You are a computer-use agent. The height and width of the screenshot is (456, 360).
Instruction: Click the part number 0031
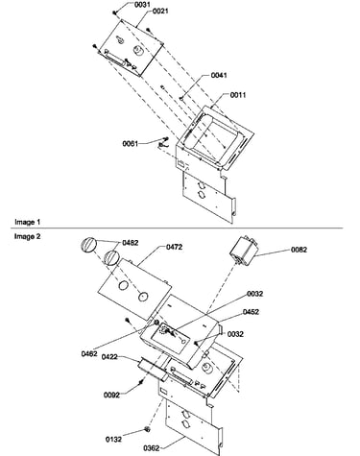tap(141, 5)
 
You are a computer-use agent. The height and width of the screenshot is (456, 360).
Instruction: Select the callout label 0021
tap(160, 12)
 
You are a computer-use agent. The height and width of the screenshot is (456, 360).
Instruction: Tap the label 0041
tap(219, 75)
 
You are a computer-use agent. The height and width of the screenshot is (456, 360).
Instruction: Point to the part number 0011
tap(238, 95)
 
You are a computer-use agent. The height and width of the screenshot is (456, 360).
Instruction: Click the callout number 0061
tap(131, 144)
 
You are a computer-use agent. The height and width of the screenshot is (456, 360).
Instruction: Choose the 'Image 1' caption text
tap(28, 222)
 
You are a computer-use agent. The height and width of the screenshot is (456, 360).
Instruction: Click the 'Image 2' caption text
tap(28, 236)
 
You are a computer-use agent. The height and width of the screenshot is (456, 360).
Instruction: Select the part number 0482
tap(131, 243)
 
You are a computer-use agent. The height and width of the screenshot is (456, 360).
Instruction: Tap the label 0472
tap(175, 247)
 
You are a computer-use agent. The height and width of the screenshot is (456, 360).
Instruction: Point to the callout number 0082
tap(299, 250)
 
